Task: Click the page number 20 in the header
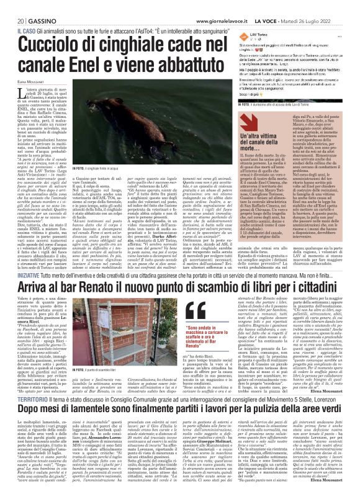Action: click(12, 6)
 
